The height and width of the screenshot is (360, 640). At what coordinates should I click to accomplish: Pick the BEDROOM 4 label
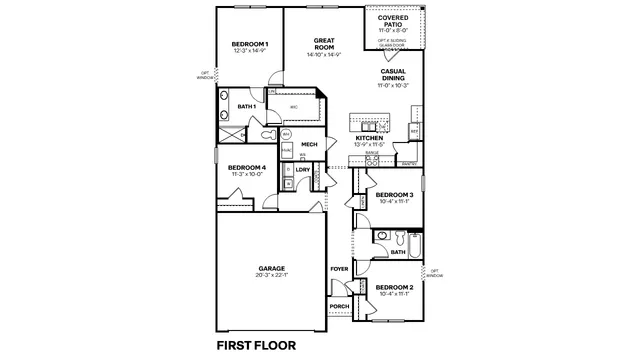[x=246, y=167]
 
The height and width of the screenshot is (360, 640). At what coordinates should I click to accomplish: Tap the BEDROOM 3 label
[x=396, y=194]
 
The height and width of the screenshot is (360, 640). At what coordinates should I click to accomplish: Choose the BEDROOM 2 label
[x=396, y=287]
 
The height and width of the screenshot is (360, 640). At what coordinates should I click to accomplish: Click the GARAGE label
[x=272, y=267]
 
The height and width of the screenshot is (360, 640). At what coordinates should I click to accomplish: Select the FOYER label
[x=339, y=269]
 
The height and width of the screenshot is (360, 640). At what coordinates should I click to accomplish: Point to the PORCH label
[x=339, y=305]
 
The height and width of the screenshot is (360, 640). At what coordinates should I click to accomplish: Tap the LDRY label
[x=302, y=169]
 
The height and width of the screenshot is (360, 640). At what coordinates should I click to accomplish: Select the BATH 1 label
[x=247, y=106]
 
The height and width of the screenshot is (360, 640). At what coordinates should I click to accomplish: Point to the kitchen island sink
[x=366, y=126]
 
